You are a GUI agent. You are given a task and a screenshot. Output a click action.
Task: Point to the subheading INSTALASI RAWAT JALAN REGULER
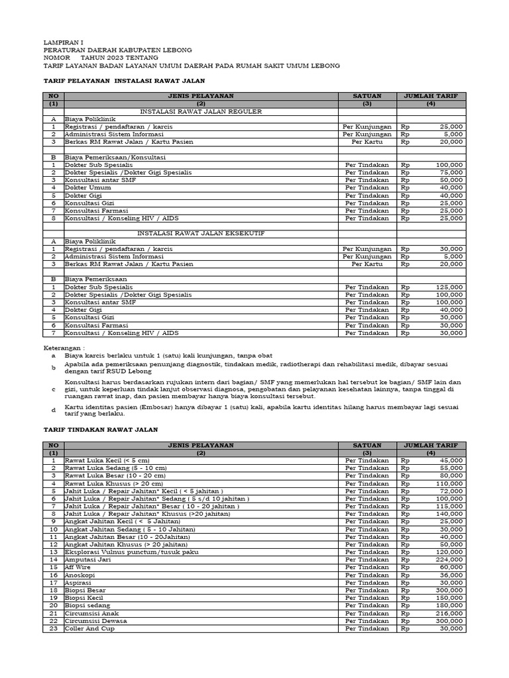(197, 111)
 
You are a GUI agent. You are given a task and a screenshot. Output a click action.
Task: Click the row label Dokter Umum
(83, 187)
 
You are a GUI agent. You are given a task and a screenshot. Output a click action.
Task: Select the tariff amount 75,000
(450, 172)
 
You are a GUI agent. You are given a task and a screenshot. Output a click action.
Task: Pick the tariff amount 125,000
(449, 287)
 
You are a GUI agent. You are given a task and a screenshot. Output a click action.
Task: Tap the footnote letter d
(54, 410)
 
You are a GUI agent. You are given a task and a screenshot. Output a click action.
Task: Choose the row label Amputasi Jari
(87, 559)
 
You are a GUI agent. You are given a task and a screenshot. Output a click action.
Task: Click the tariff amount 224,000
(449, 559)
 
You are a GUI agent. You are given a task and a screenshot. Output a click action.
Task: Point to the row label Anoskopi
(79, 575)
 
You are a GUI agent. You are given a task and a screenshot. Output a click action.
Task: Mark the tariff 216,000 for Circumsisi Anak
(449, 613)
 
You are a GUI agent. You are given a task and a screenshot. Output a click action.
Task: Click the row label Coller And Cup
(89, 628)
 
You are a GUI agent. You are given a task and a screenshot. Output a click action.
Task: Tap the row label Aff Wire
(78, 567)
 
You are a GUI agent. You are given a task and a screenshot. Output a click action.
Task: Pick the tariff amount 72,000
(450, 491)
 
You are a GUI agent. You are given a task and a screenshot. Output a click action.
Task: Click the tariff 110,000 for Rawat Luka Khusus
(449, 483)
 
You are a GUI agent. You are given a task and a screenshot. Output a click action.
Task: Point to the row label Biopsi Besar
(85, 590)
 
